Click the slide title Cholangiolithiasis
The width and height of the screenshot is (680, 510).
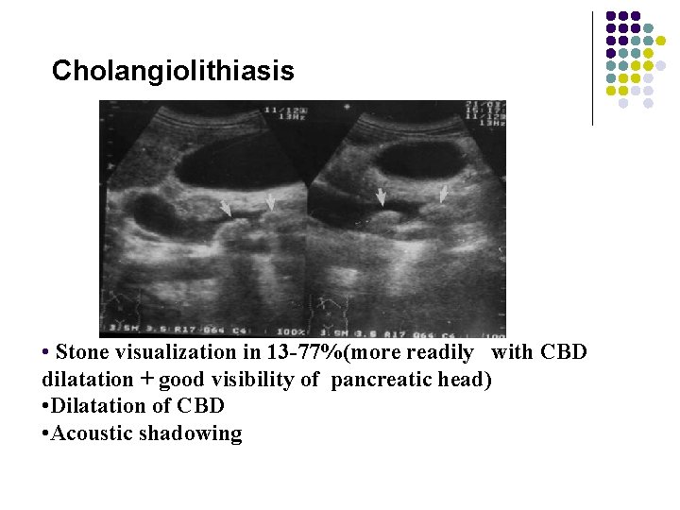pos(173,71)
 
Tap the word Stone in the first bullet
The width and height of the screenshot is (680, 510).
pos(81,352)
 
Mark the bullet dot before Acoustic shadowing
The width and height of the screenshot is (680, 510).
pos(46,434)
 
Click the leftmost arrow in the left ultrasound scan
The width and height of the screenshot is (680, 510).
pos(226,208)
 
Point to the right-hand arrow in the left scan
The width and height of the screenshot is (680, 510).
pos(271,201)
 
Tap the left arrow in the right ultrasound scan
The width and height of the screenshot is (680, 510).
pos(382,196)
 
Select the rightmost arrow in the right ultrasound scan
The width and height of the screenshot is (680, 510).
pos(444,194)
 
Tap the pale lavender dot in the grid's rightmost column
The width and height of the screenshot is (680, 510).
pos(661,66)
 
